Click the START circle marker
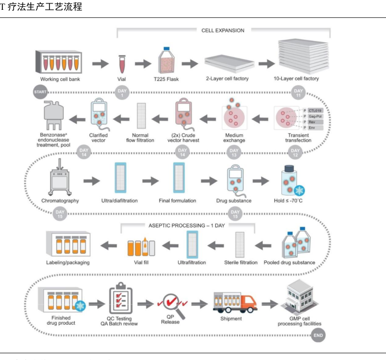[41, 92]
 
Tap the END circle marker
[318, 335]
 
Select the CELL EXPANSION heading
[223, 31]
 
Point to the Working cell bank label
[58, 79]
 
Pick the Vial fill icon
[138, 247]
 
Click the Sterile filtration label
[240, 263]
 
